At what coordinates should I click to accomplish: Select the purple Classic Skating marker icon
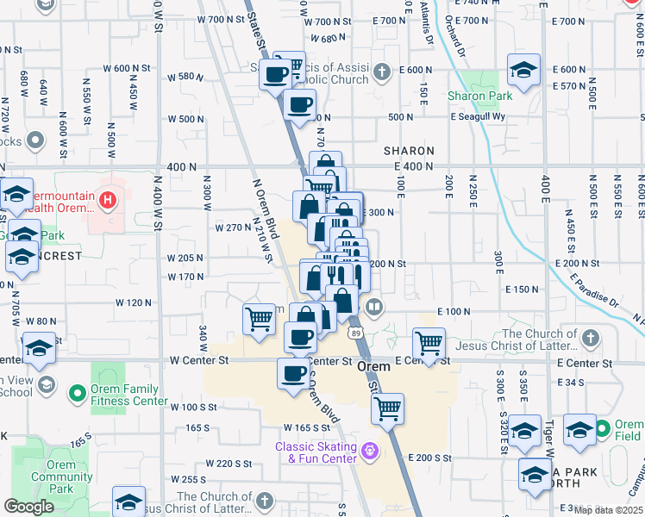pyautogui.click(x=371, y=450)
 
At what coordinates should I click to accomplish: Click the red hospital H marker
pyautogui.click(x=108, y=202)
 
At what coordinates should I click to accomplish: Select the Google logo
pyautogui.click(x=28, y=507)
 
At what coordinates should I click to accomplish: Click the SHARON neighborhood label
pyautogui.click(x=409, y=151)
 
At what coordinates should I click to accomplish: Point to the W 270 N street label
pyautogui.click(x=233, y=227)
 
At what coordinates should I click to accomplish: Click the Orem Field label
pyautogui.click(x=629, y=430)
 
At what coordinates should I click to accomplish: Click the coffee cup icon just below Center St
pyautogui.click(x=294, y=372)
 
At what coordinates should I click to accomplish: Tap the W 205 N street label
pyautogui.click(x=185, y=258)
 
